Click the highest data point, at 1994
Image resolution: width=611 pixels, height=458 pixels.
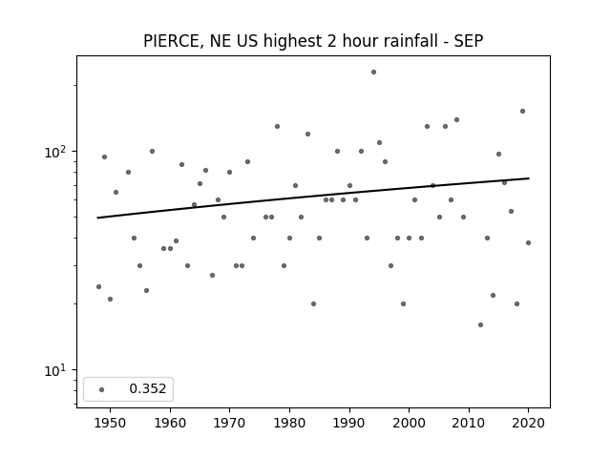pyautogui.click(x=373, y=73)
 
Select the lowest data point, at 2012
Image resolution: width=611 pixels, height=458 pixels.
pyautogui.click(x=480, y=324)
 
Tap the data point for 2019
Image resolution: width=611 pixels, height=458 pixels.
pyautogui.click(x=522, y=112)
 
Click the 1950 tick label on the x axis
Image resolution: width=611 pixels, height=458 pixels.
pyautogui.click(x=111, y=423)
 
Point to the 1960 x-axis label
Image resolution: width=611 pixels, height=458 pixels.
pyautogui.click(x=170, y=423)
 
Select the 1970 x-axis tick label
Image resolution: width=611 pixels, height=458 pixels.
pyautogui.click(x=229, y=423)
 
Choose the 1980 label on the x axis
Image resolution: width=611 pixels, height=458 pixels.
pyautogui.click(x=289, y=423)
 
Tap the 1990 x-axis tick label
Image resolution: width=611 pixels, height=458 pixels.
pyautogui.click(x=349, y=423)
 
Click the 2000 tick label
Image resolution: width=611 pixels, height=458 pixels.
pyautogui.click(x=409, y=423)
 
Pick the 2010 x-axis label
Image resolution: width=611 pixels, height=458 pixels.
pyautogui.click(x=469, y=423)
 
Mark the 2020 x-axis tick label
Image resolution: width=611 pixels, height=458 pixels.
pyautogui.click(x=528, y=423)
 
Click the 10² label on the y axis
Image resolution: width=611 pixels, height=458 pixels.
pyautogui.click(x=54, y=152)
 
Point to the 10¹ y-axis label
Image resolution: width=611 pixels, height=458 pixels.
pyautogui.click(x=54, y=370)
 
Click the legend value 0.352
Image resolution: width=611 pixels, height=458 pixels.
pyautogui.click(x=148, y=388)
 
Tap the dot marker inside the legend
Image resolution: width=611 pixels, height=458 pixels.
pyautogui.click(x=102, y=389)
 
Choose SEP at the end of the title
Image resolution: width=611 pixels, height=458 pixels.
pyautogui.click(x=469, y=41)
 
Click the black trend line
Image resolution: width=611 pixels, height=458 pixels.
pyautogui.click(x=313, y=198)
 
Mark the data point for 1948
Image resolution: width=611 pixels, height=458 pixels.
pyautogui.click(x=98, y=286)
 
